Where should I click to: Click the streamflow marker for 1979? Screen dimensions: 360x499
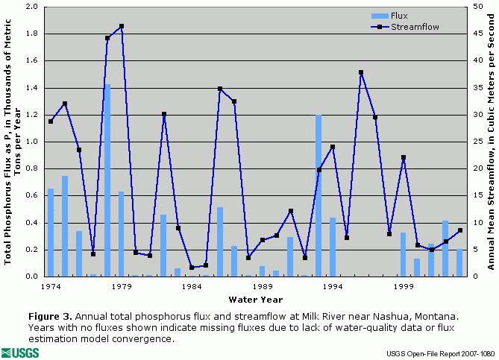click(122, 26)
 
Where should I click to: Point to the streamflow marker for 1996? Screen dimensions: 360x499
click(361, 72)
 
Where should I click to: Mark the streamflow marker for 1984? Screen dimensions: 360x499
click(192, 268)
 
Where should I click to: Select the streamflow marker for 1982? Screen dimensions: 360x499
click(163, 114)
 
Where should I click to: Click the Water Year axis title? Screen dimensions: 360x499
click(254, 299)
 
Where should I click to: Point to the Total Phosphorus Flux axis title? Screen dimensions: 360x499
click(10, 142)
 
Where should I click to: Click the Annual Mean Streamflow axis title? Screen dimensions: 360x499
click(491, 142)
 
